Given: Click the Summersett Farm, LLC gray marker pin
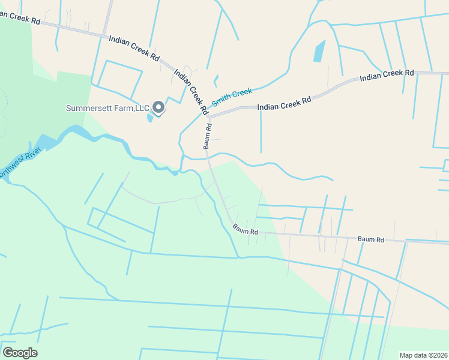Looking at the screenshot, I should pos(158,107).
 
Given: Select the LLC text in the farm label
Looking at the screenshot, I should pos(142,109).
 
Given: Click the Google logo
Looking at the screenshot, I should pos(20,353).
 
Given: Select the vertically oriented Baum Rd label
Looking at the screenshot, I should pos(208,136).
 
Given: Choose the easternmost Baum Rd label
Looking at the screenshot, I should pos(370,239).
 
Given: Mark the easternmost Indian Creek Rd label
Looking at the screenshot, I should pos(387,76).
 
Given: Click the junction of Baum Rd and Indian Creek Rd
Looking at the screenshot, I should pos(209,116).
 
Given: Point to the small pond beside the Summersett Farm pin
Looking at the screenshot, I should pos(149,116).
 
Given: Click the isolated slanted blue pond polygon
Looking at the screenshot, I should pos(319,52).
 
